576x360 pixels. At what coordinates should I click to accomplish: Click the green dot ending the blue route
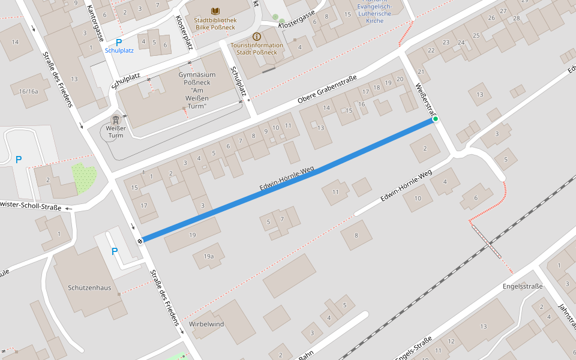(436, 119)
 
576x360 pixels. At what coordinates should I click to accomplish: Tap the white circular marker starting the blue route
(140, 241)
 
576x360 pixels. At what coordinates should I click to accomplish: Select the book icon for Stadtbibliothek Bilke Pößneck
(215, 11)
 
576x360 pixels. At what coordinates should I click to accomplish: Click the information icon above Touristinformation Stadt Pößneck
(257, 37)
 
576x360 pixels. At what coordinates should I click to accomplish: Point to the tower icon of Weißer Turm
(115, 120)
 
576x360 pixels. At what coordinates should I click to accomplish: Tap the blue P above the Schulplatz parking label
(119, 43)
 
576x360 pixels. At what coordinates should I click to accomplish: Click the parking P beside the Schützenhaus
(114, 251)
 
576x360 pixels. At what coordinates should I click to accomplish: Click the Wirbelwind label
(206, 324)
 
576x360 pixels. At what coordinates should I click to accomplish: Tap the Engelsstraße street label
(522, 286)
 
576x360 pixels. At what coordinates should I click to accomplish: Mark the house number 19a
(208, 256)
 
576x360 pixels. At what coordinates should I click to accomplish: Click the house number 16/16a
(28, 91)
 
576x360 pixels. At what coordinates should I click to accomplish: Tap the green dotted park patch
(84, 178)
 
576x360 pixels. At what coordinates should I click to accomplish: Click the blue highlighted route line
(288, 180)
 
